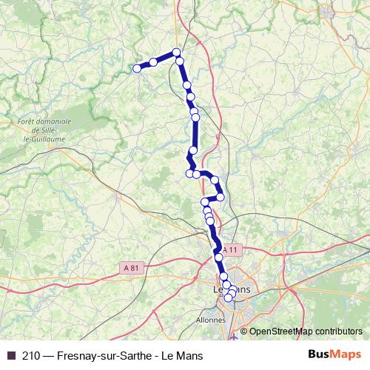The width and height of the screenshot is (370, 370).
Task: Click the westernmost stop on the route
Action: [x=137, y=69]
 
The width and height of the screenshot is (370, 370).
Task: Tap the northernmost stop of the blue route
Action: [x=176, y=52]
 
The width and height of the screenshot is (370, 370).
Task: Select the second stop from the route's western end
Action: [x=153, y=62]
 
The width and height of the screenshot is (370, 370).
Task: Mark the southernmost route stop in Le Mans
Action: [x=229, y=298]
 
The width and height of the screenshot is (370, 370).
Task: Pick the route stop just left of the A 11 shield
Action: [x=218, y=252]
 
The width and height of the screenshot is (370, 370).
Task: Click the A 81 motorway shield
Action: [x=131, y=267]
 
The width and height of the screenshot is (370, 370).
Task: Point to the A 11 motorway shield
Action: [x=232, y=250]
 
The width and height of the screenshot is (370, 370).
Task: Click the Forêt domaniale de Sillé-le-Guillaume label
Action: [x=44, y=128]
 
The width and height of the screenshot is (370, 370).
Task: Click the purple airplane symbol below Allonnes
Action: [x=235, y=337]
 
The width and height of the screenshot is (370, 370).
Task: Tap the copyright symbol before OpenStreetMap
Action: [x=244, y=332]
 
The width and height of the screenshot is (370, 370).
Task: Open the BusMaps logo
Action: [x=334, y=355]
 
